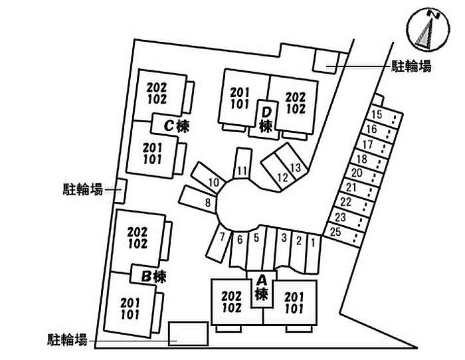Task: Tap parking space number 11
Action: pyautogui.click(x=242, y=163)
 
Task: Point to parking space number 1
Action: pyautogui.click(x=313, y=254)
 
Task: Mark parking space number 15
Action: pyautogui.click(x=385, y=116)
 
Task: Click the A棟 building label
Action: pyautogui.click(x=261, y=288)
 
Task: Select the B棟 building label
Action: pyautogui.click(x=153, y=277)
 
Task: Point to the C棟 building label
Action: pyautogui.click(x=177, y=126)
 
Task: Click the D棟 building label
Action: pyautogui.click(x=266, y=120)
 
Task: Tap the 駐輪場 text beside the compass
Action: pyautogui.click(x=412, y=66)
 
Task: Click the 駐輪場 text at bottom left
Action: pyautogui.click(x=67, y=339)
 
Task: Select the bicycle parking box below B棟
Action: pyautogui.click(x=188, y=333)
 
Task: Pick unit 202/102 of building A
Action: pyautogui.click(x=232, y=302)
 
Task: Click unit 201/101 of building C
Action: pyautogui.click(x=153, y=153)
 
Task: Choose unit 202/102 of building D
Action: pyautogui.click(x=296, y=103)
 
